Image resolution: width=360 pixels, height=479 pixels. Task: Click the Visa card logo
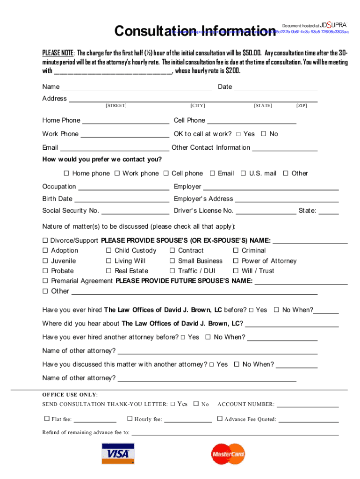tap(118, 454)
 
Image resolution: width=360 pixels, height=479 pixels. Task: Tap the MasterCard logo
tap(228, 454)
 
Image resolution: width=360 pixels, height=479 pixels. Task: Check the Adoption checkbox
tap(46, 251)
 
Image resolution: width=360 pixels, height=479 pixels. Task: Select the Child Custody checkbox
tap(109, 251)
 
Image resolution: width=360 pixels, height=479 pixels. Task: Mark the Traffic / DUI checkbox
tap(173, 271)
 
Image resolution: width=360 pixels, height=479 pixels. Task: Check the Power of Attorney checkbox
tap(237, 261)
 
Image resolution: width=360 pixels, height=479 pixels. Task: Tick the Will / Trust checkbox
tap(237, 271)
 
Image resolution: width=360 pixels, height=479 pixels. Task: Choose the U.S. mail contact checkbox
tap(243, 174)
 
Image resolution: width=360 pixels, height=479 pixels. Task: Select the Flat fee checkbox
tap(47, 419)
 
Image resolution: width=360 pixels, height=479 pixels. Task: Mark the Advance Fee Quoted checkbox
tap(220, 419)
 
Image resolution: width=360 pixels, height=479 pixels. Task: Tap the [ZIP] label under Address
tap(302, 106)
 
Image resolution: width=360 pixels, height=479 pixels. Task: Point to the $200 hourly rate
tap(233, 71)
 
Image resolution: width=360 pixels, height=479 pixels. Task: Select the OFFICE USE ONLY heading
tap(70, 394)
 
